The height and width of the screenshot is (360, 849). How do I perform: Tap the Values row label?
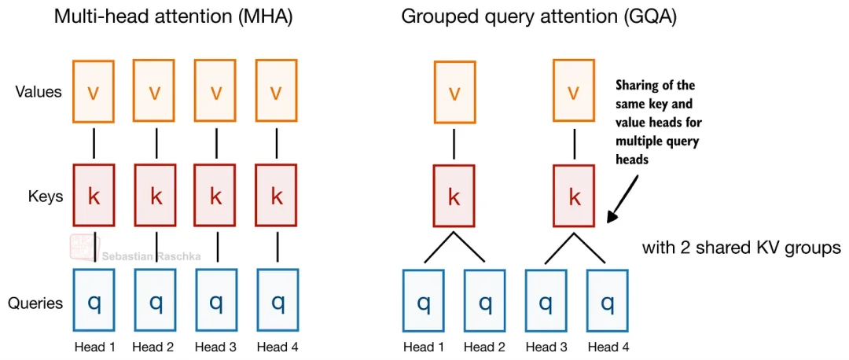coord(38,91)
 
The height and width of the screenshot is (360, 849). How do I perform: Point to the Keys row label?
coord(46,196)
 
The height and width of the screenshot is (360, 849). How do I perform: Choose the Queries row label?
coord(35,303)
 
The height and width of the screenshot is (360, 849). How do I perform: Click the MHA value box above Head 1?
coord(94,91)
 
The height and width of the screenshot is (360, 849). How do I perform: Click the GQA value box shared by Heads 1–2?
coord(454,91)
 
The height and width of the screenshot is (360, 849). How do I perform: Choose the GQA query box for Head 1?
coord(424,300)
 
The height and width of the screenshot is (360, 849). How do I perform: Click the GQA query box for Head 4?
coord(608,300)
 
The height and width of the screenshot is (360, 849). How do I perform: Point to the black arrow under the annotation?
coord(623,199)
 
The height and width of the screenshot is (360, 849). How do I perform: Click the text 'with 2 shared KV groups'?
coord(741,248)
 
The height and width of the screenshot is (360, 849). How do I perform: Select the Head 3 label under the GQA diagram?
coord(546,346)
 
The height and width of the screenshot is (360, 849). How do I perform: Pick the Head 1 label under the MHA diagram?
coord(94,346)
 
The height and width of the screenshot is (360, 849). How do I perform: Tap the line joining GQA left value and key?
coord(454,143)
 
